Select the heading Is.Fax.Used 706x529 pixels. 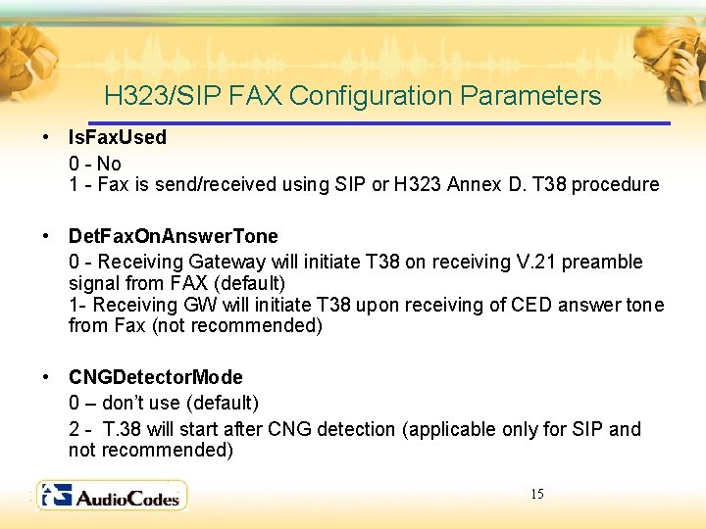tap(117, 137)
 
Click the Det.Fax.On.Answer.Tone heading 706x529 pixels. tap(173, 236)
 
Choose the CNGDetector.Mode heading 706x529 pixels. tap(155, 377)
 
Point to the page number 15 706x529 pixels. tap(536, 494)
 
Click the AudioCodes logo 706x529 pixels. tap(111, 496)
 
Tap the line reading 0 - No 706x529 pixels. tap(94, 163)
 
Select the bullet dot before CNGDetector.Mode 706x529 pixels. tap(46, 377)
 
